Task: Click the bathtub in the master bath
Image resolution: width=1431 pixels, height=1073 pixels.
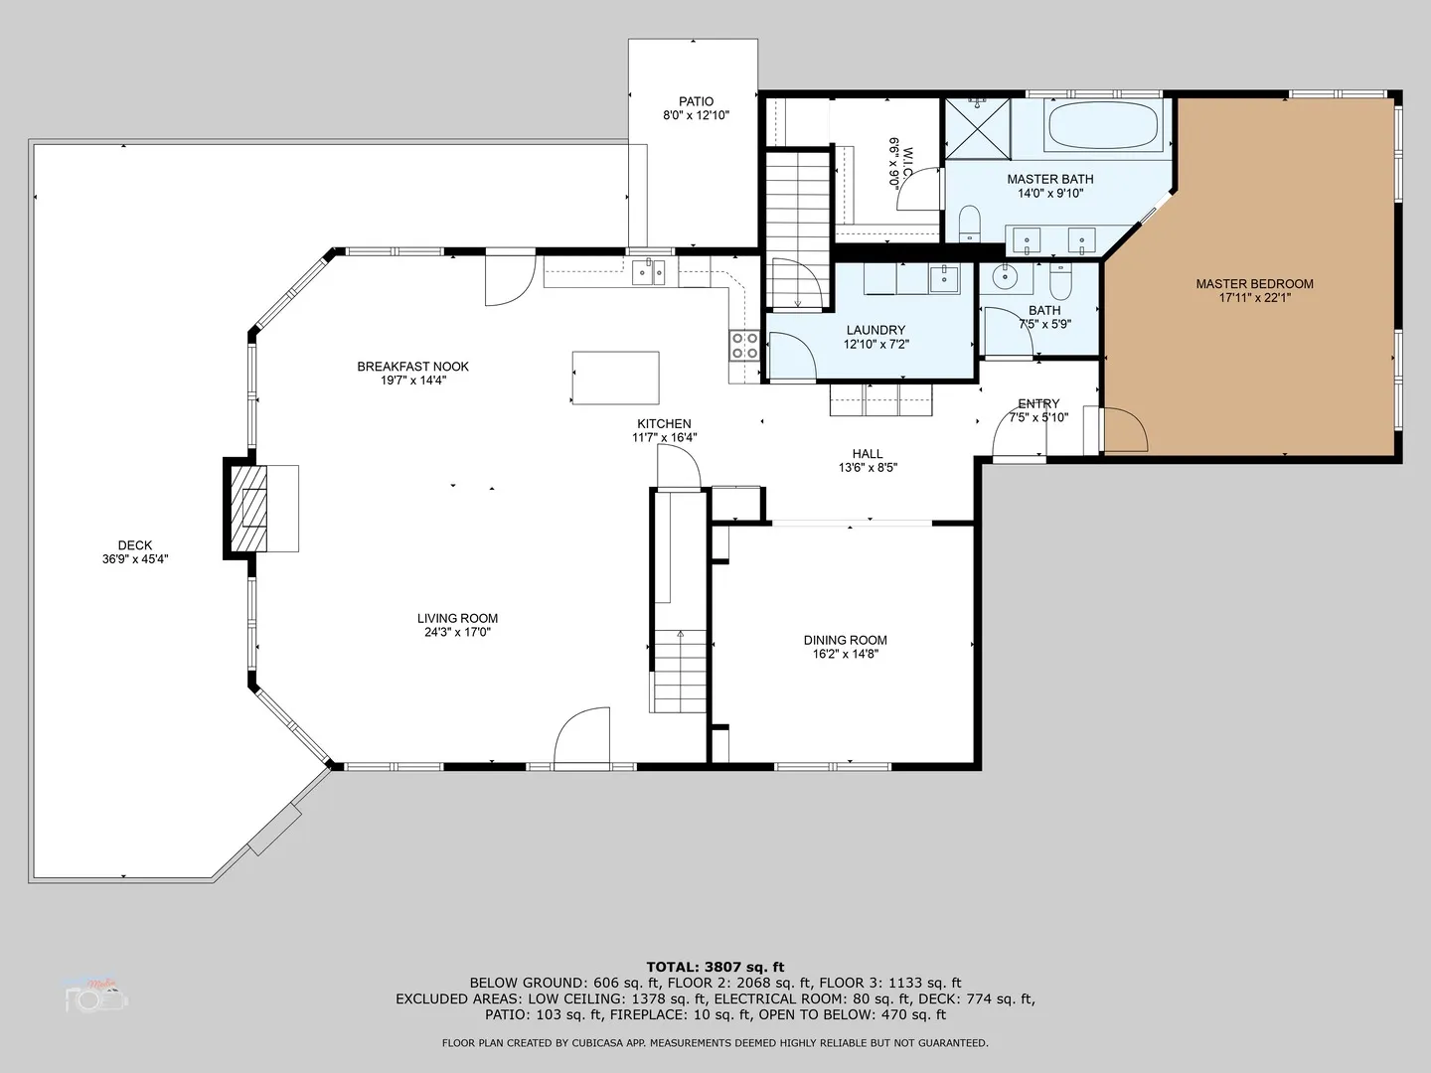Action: [1102, 126]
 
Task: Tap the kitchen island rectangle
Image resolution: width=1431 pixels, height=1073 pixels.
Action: [615, 378]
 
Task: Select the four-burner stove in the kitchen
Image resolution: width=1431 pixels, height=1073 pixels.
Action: [744, 346]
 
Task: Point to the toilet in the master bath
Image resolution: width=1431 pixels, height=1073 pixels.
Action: [970, 224]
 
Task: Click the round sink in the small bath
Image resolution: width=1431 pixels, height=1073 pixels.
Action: [1005, 277]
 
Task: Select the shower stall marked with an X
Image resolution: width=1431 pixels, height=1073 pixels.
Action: [977, 128]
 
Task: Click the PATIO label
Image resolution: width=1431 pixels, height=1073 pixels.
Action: [697, 101]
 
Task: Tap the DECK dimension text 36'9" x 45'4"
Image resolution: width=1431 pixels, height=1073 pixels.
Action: [135, 559]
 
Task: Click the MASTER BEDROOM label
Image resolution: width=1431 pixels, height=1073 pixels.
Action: [1254, 284]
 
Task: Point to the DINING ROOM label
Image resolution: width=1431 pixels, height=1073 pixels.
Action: [846, 640]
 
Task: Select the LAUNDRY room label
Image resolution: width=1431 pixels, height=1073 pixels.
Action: [876, 330]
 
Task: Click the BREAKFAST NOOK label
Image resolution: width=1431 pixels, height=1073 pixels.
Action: [413, 367]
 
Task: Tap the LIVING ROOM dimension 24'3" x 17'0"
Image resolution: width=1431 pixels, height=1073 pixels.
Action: [458, 632]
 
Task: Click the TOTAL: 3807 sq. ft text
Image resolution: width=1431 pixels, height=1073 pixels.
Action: [715, 967]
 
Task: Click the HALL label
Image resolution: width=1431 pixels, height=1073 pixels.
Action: [868, 453]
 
